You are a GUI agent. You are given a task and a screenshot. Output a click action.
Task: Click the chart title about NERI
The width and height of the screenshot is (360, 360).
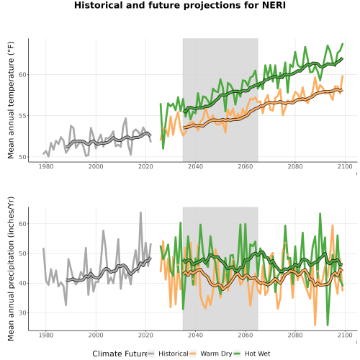point(180,5)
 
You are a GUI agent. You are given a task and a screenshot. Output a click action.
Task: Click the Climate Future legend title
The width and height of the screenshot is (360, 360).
point(120,354)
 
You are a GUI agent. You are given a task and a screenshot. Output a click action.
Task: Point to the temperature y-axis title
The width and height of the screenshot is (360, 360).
point(11,100)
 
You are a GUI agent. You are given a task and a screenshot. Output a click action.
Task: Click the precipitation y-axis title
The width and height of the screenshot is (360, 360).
point(11,269)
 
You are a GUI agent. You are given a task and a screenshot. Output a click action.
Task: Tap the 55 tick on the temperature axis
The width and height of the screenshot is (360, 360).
point(22,116)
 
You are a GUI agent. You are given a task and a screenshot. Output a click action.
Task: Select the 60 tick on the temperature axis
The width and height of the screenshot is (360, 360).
point(22,75)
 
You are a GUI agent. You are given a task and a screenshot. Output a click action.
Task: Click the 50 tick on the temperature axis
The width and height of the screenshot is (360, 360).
point(22,157)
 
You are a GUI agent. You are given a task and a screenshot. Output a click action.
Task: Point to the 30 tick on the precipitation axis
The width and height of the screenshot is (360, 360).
point(22,313)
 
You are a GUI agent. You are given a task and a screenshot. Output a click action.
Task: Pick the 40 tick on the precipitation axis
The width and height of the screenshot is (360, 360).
point(22,283)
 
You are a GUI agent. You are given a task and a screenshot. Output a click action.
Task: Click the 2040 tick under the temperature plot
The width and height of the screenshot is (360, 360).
point(195,166)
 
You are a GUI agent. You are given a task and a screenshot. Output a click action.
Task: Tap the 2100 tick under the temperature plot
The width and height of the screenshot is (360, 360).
point(345,166)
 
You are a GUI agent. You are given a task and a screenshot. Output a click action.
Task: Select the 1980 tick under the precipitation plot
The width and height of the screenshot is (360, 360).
point(46,335)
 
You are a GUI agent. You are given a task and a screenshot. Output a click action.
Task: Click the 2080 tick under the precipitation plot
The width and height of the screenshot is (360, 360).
point(295,335)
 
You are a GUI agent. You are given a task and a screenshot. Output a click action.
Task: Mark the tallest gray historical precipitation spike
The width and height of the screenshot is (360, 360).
point(140,212)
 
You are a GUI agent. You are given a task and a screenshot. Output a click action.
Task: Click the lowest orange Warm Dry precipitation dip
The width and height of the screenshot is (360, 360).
point(315,325)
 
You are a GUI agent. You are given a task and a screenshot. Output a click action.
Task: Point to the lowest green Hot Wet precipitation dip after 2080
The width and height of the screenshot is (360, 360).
point(328,325)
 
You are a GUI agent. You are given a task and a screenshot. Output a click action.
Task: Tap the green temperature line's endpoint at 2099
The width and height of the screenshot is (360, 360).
point(343,44)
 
